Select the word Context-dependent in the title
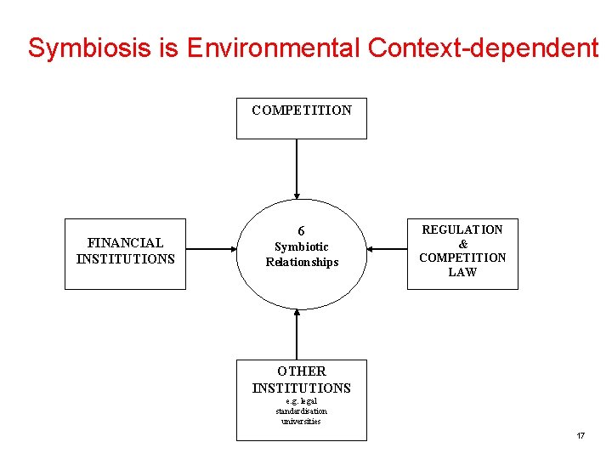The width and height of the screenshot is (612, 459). point(482,48)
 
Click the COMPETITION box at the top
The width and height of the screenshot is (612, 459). point(301,117)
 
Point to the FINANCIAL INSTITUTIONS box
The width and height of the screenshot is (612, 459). point(125,253)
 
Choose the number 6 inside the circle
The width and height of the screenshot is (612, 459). point(301,231)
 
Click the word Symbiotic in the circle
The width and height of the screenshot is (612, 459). point(301,246)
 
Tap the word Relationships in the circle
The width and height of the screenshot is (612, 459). point(302,262)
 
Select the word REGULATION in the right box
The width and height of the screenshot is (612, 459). point(462,229)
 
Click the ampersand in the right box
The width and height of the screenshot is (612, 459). point(462,244)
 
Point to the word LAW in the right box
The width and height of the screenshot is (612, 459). point(462,272)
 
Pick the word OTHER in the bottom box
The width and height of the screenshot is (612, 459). point(301,371)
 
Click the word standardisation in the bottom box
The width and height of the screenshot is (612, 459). point(301,411)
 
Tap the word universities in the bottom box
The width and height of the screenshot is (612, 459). point(301,421)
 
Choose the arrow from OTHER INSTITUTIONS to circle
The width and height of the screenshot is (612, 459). point(297,333)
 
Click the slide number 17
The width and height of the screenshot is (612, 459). point(581,436)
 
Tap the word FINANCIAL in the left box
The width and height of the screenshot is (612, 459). point(125,243)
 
